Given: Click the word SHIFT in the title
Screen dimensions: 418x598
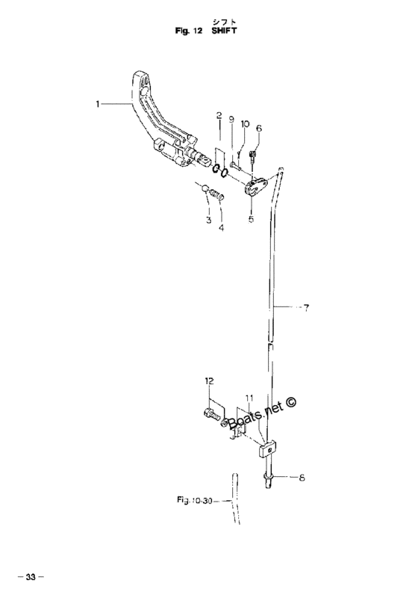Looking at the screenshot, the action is (224, 31).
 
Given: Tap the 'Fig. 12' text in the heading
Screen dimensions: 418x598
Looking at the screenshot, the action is (189, 31).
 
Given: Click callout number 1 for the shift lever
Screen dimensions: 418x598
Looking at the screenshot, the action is (98, 103).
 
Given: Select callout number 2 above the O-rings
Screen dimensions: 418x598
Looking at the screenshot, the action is (219, 115).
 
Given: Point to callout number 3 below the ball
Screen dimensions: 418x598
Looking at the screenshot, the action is (208, 220).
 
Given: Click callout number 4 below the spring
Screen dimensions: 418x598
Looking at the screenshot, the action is (221, 228).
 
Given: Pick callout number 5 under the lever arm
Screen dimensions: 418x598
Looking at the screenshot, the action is (251, 219).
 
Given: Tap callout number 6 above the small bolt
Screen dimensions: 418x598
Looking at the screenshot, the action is (259, 128).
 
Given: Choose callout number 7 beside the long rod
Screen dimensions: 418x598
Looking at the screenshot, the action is (306, 308).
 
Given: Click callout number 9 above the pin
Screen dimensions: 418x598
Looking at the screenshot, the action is (231, 120).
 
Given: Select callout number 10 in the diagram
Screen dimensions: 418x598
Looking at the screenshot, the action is (245, 123).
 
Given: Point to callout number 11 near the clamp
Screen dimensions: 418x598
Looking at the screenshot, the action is (249, 399).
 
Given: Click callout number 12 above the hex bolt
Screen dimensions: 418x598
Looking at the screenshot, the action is (209, 380).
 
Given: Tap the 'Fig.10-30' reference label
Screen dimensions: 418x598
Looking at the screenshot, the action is (194, 499).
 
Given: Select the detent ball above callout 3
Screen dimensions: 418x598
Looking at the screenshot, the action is (205, 188).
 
